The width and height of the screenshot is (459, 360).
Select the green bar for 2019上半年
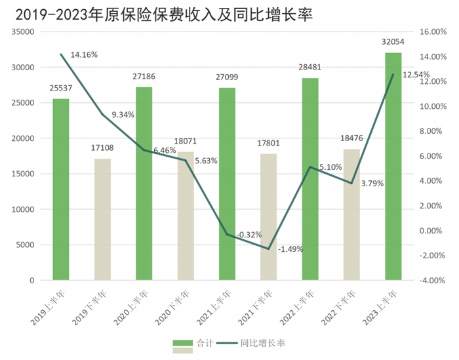[61, 190]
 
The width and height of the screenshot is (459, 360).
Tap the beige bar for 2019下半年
[102, 219]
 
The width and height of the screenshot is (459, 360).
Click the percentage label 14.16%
[83, 54]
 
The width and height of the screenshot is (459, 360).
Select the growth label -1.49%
[290, 249]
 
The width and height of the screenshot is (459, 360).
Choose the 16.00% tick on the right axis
[432, 31]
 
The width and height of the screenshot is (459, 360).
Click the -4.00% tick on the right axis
[432, 280]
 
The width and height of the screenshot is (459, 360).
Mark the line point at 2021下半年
[268, 249]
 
